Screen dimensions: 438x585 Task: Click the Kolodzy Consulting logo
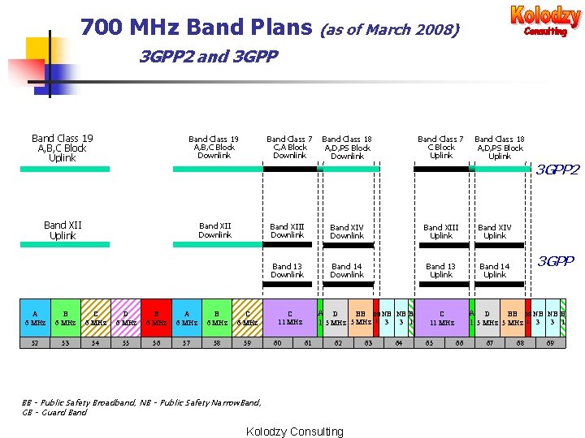pos(545,20)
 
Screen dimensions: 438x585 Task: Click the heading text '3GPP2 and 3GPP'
pos(209,57)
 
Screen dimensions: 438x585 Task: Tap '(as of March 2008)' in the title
pos(390,30)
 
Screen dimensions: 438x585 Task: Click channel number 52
pos(34,344)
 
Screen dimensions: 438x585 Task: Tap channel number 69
pos(550,344)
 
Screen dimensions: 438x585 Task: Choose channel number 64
pos(399,344)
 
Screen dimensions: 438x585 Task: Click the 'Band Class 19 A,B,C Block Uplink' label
pos(62,148)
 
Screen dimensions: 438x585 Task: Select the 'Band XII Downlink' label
pos(214,230)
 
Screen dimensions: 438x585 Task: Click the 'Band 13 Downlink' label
pos(287,270)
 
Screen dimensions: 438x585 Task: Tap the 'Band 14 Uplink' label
pos(494,270)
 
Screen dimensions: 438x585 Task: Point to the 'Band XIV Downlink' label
pos(347,231)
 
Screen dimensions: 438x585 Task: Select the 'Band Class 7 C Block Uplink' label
pos(440,148)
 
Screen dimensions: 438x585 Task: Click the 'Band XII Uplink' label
pos(63,230)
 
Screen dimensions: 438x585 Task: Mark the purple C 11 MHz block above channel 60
pos(289,317)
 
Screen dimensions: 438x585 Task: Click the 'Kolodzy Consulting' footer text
pos(294,432)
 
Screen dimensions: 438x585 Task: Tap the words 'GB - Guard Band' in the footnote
pos(54,412)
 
